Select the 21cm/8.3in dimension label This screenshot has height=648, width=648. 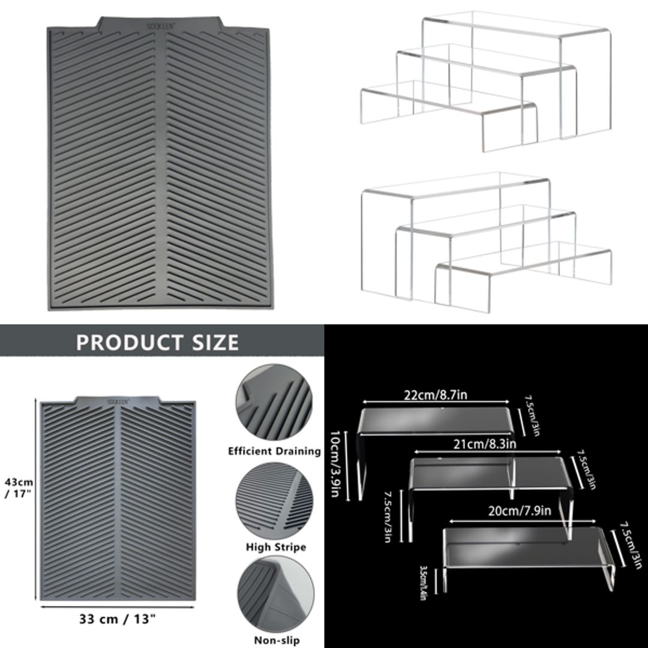[x=478, y=444]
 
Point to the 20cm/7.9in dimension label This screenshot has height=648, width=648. [x=520, y=511]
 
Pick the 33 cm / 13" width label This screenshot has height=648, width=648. [x=118, y=619]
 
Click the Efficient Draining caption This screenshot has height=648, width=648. [x=274, y=451]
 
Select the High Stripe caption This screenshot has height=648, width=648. [x=276, y=547]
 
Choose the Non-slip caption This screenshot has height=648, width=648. [x=277, y=640]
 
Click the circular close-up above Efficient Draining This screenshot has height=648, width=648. [x=275, y=404]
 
